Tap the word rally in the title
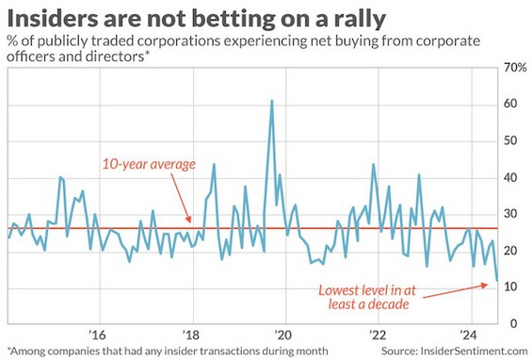click(361, 20)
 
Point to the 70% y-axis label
click(515, 68)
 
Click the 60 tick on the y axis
click(510, 104)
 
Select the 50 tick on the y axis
click(510, 140)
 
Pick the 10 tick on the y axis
click(510, 286)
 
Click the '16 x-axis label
click(97, 335)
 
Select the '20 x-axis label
click(282, 335)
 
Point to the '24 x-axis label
click(469, 335)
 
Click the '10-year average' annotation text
click(149, 164)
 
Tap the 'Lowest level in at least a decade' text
click(367, 297)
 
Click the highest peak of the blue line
click(272, 101)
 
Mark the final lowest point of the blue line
click(497, 280)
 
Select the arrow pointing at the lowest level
click(455, 291)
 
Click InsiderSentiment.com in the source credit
click(474, 351)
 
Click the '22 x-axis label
click(377, 335)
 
